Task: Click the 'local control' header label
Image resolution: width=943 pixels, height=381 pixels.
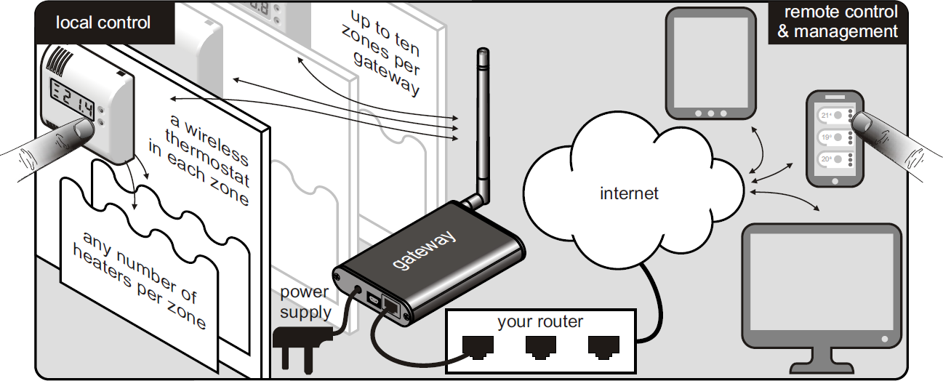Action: (103, 23)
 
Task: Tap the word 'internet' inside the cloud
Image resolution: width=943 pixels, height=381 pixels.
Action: (629, 193)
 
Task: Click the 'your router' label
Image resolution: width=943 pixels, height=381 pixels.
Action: (539, 321)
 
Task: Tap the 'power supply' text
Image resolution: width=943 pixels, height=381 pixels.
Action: (305, 303)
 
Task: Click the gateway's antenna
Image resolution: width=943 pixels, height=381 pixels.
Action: (483, 124)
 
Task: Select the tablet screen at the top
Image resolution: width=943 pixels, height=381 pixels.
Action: (710, 61)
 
